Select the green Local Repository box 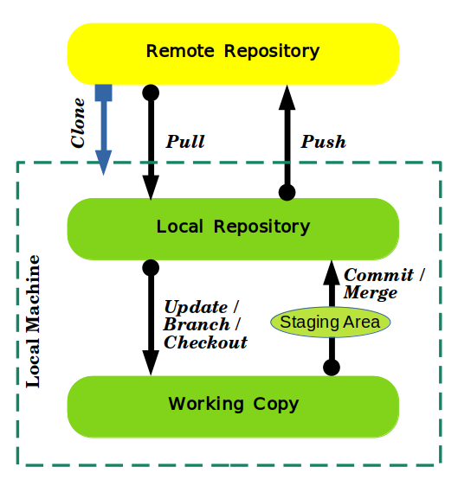[233, 228]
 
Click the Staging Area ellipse [331, 323]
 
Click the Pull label [185, 141]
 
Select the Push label [323, 141]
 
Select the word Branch [197, 324]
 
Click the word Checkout [205, 342]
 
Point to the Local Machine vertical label [33, 320]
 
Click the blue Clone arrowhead [104, 162]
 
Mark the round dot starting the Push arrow [287, 192]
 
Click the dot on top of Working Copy [331, 368]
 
